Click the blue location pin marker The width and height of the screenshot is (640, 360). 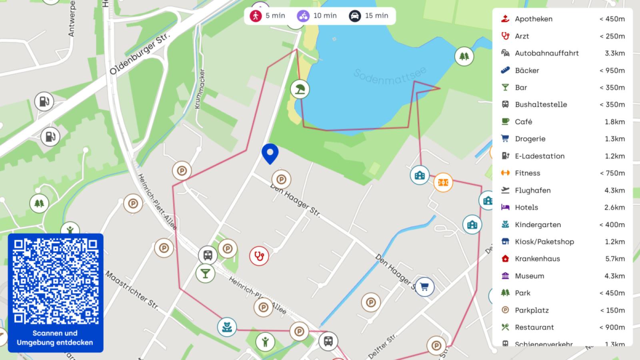[270, 153]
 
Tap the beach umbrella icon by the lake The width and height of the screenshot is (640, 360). [300, 89]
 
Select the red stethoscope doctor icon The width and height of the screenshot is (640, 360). [259, 256]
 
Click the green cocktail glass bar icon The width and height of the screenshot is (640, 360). [206, 273]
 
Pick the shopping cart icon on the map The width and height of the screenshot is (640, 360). [424, 286]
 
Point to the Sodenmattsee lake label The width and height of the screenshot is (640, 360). [390, 76]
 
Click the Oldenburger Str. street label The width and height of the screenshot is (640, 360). [140, 54]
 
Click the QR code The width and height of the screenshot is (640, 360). [56, 281]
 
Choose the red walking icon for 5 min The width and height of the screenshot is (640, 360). [255, 16]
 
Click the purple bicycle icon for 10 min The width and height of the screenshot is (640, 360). [303, 16]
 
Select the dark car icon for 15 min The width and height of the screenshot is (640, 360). [355, 16]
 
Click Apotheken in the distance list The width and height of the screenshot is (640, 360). [534, 19]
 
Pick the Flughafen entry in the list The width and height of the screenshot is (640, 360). [532, 190]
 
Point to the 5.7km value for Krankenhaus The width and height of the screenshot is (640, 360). [615, 259]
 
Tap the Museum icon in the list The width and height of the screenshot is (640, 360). [505, 276]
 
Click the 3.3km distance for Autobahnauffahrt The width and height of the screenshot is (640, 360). [615, 53]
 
